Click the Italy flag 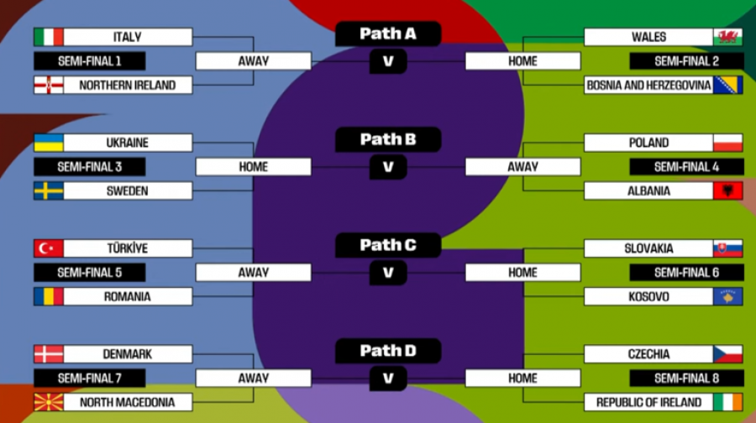[x=49, y=37]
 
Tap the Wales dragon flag [x=727, y=37]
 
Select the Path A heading [x=388, y=34]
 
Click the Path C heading [x=388, y=245]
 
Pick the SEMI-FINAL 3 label [x=90, y=167]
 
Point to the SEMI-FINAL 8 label [x=686, y=379]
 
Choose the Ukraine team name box [x=128, y=143]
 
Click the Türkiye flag [x=49, y=248]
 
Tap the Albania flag [x=727, y=191]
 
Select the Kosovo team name [x=648, y=296]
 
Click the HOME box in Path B [x=253, y=167]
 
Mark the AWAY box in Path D [x=253, y=379]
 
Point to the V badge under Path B [x=388, y=167]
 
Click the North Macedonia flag [x=49, y=402]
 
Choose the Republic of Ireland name [x=648, y=402]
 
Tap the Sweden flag [x=49, y=191]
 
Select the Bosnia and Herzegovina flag [x=727, y=85]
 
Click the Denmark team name [x=128, y=354]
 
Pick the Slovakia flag [x=727, y=248]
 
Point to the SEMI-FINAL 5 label [x=90, y=273]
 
